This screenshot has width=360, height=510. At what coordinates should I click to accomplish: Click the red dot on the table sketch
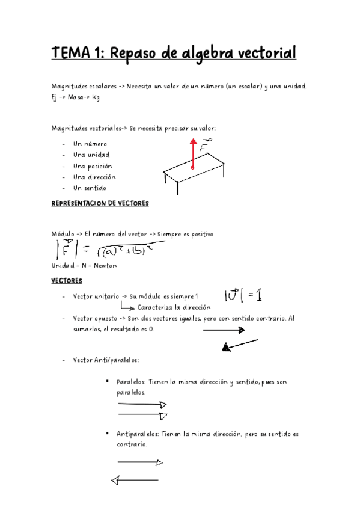pyautogui.click(x=192, y=168)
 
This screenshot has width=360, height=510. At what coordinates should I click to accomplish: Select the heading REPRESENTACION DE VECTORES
pyautogui.click(x=100, y=204)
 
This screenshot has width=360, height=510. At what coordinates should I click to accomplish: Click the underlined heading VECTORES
pyautogui.click(x=67, y=281)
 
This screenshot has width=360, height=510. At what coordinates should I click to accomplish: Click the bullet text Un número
pyautogui.click(x=90, y=144)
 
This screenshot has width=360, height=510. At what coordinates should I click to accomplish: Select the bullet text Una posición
pyautogui.click(x=93, y=166)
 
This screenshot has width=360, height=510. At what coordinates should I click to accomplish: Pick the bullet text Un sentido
pyautogui.click(x=90, y=188)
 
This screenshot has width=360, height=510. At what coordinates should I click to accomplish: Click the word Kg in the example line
pyautogui.click(x=96, y=97)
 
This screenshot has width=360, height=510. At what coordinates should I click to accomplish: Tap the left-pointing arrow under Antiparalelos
pyautogui.click(x=135, y=480)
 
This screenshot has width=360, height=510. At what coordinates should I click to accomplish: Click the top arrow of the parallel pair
pyautogui.click(x=142, y=405)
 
